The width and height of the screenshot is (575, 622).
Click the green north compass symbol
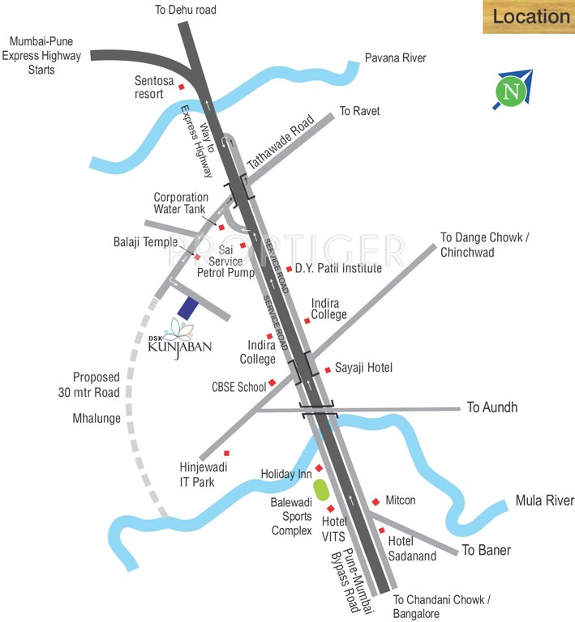point(511,91)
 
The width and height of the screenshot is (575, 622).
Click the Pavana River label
point(395,58)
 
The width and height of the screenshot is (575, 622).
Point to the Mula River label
point(544,501)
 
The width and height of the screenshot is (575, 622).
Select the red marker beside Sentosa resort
point(182,87)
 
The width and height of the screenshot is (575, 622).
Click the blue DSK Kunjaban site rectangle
point(187,308)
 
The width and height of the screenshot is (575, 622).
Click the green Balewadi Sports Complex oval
point(320,490)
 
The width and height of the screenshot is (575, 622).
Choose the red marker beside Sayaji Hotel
point(328,369)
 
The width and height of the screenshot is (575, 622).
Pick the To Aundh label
point(491,407)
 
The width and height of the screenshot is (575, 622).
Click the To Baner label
point(487,551)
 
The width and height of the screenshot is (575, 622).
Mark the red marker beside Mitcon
point(375,502)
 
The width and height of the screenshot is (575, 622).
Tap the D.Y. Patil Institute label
point(338,268)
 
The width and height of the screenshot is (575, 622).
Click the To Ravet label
point(359,111)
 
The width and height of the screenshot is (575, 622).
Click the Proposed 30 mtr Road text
point(96,385)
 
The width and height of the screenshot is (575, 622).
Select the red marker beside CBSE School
point(272,382)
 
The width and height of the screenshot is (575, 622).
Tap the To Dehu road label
point(186,11)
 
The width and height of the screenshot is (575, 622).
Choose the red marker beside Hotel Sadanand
point(381,530)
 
